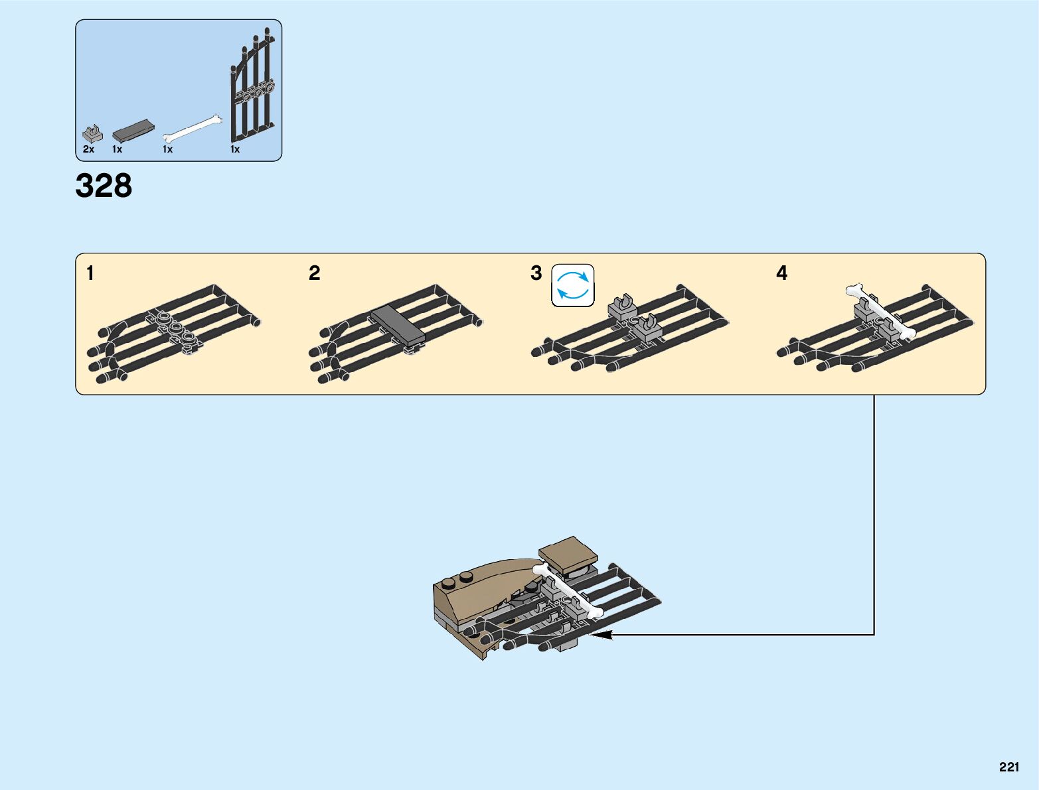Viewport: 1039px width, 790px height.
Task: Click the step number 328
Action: click(x=104, y=186)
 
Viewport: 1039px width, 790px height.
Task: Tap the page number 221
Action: click(x=1008, y=767)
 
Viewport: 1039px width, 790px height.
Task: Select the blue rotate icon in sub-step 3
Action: click(x=573, y=286)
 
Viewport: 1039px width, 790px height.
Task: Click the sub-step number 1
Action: click(x=90, y=273)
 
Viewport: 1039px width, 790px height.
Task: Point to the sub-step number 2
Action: click(x=315, y=273)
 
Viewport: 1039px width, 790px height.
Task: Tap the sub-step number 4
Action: click(x=781, y=273)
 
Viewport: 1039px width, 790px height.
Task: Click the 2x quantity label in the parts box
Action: click(x=88, y=150)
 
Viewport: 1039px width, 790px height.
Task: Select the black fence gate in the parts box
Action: click(x=253, y=86)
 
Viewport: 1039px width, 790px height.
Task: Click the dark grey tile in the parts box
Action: click(x=133, y=130)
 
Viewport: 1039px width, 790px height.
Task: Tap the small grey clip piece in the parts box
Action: click(x=92, y=133)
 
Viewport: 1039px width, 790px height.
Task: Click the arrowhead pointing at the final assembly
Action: click(x=600, y=635)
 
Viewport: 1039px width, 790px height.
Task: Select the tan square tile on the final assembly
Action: click(x=567, y=554)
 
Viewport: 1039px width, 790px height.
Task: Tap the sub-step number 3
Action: click(x=536, y=273)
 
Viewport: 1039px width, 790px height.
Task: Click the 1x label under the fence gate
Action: click(x=235, y=150)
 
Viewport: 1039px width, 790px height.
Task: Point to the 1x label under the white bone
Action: click(x=167, y=150)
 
